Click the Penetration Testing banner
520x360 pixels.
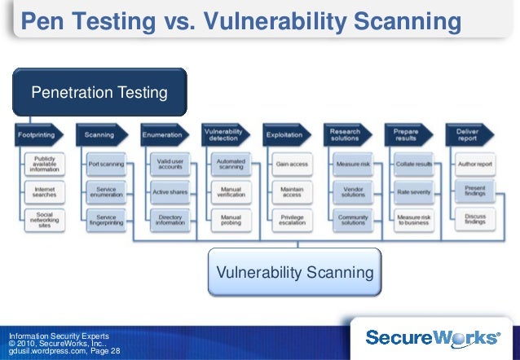99,93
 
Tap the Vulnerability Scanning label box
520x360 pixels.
293,271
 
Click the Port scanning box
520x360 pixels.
106,164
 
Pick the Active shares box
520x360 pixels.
170,191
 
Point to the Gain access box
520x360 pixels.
291,164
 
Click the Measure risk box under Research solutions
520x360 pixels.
353,164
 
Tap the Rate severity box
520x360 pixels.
413,191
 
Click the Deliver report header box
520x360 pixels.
469,134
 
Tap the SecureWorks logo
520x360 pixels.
432,336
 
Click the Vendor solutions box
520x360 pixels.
353,191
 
